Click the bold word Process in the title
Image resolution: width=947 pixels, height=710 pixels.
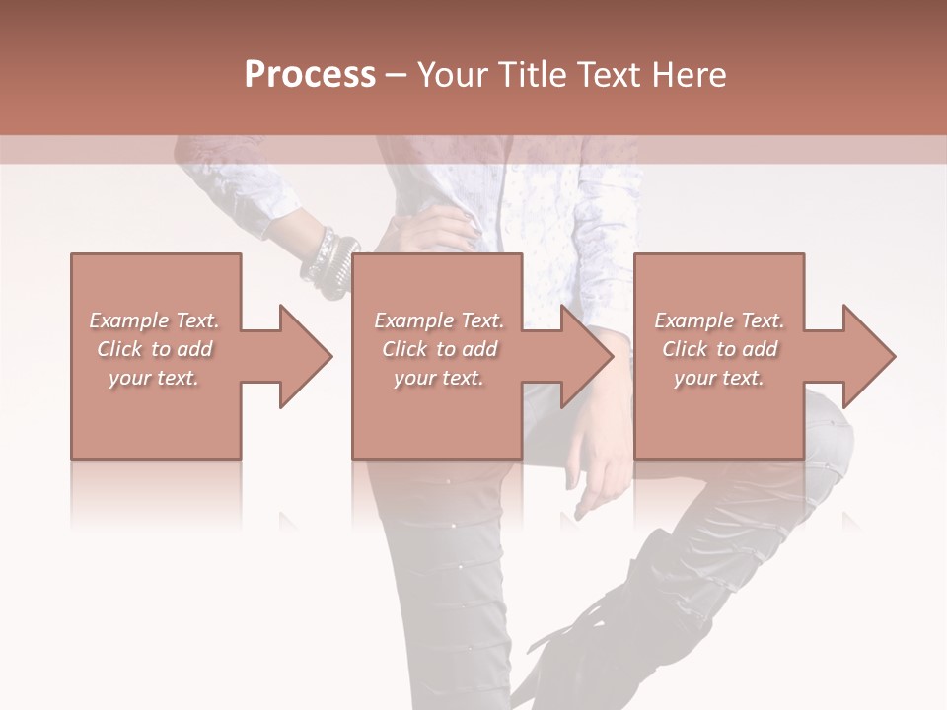pyautogui.click(x=310, y=75)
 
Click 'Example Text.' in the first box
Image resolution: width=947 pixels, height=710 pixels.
pyautogui.click(x=155, y=320)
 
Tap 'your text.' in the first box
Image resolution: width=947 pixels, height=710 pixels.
pyautogui.click(x=155, y=378)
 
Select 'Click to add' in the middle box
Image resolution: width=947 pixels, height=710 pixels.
pyautogui.click(x=439, y=349)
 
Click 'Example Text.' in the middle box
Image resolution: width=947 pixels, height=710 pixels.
pyautogui.click(x=439, y=320)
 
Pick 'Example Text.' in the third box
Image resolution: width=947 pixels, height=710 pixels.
pyautogui.click(x=719, y=320)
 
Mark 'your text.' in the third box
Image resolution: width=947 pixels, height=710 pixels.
pyautogui.click(x=719, y=378)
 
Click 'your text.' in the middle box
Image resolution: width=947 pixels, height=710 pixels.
pyautogui.click(x=439, y=378)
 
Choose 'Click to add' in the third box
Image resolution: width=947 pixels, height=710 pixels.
pyautogui.click(x=719, y=349)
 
